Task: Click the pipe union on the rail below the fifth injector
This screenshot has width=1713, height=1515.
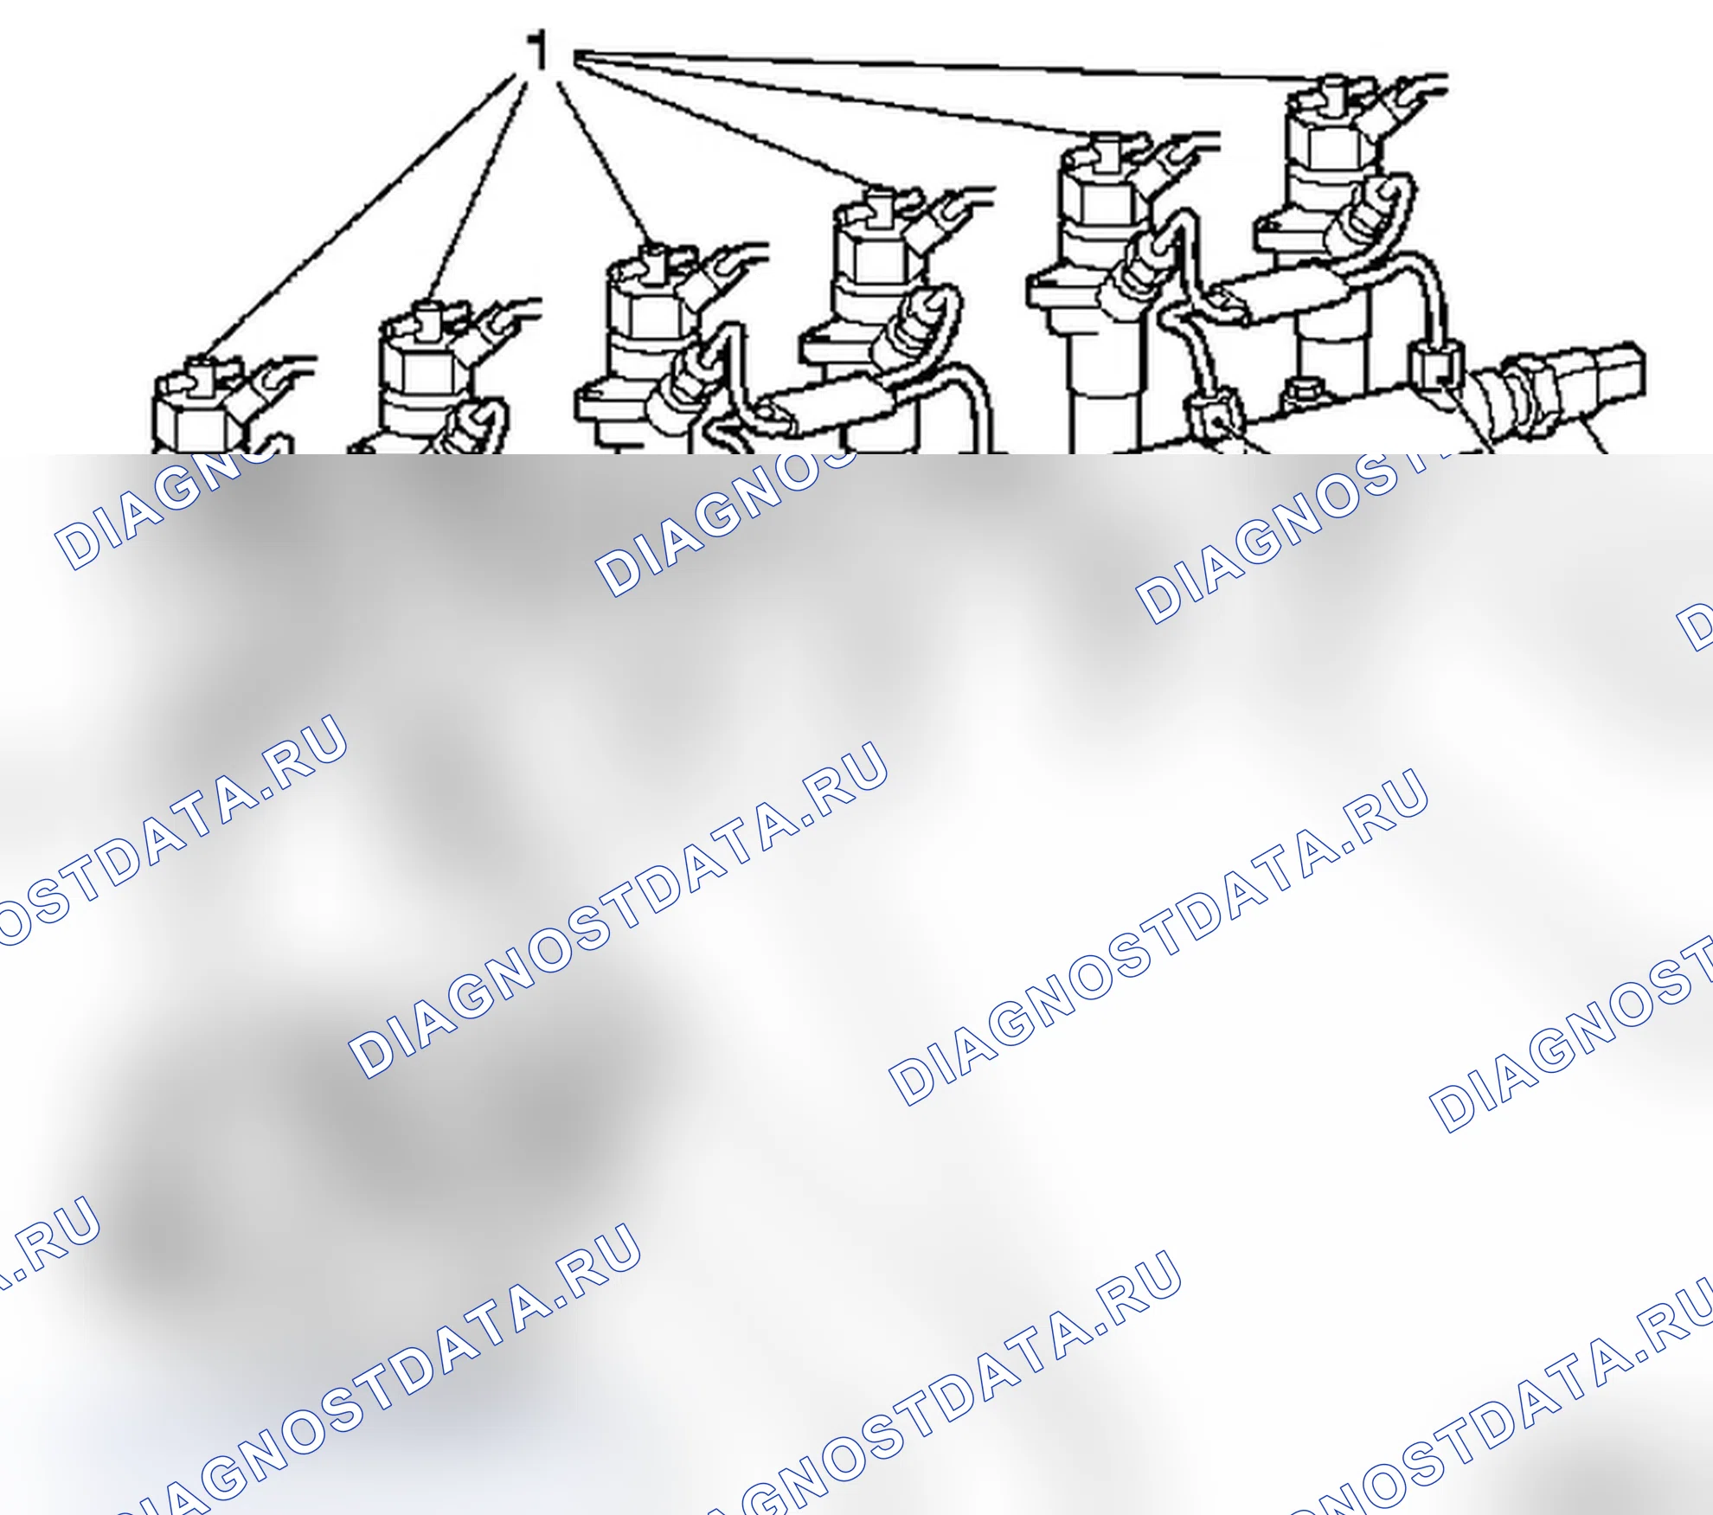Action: click(x=1216, y=415)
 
